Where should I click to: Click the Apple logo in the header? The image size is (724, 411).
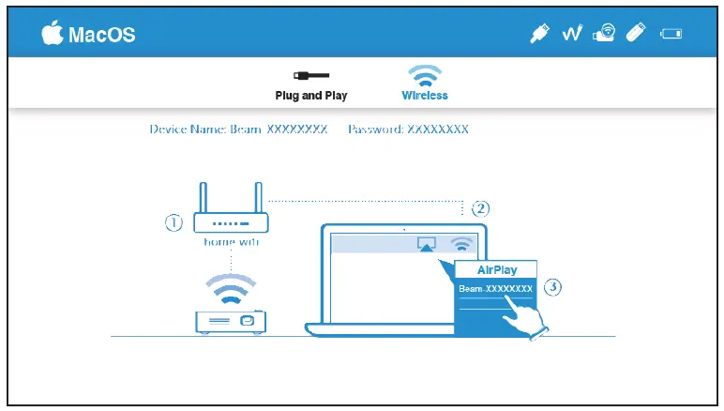53,34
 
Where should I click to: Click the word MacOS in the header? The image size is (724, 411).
102,36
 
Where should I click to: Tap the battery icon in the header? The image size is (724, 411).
671,36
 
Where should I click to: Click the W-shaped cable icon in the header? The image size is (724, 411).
573,34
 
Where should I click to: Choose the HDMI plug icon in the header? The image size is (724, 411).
539,34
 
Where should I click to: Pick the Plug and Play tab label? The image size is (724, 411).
311,96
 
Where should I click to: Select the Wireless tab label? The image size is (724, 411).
425,96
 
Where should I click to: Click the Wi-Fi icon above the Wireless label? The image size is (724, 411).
425,74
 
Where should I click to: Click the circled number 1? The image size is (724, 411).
173,223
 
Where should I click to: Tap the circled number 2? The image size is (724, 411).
480,207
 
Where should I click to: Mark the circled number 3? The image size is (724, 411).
552,288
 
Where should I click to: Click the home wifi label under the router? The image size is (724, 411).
231,242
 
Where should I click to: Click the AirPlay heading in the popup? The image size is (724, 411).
497,269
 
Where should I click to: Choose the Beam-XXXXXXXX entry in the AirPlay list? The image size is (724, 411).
495,289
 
